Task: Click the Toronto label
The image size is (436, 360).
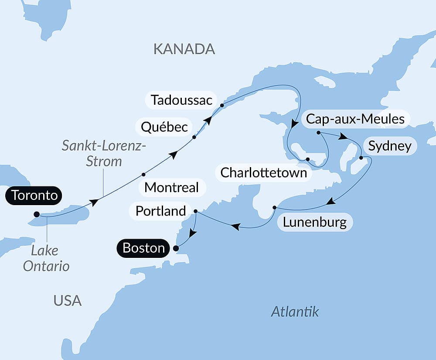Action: click(x=34, y=195)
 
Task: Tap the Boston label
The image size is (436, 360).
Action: click(x=143, y=248)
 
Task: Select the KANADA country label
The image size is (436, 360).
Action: click(x=184, y=49)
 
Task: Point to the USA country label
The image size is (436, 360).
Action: click(x=68, y=300)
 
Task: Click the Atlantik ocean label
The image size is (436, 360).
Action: click(x=295, y=312)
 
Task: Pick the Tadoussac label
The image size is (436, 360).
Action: click(x=181, y=100)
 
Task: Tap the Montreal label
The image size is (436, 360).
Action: click(x=171, y=188)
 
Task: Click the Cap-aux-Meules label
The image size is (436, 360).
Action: click(x=355, y=119)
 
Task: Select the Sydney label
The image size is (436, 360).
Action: click(x=389, y=146)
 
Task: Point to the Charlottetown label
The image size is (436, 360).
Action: click(x=263, y=172)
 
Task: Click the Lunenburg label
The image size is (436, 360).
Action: click(x=314, y=222)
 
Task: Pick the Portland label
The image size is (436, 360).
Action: click(x=160, y=211)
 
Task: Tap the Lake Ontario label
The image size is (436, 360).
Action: click(x=46, y=258)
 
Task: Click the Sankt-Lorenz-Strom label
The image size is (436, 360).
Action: click(x=104, y=153)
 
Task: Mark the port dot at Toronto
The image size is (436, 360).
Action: click(x=37, y=214)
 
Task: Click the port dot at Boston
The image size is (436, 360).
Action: click(x=176, y=249)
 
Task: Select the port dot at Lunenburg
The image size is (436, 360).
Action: click(x=274, y=207)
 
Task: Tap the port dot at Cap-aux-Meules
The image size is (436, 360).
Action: click(x=319, y=132)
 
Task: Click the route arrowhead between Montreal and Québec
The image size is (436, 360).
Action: click(x=174, y=155)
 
